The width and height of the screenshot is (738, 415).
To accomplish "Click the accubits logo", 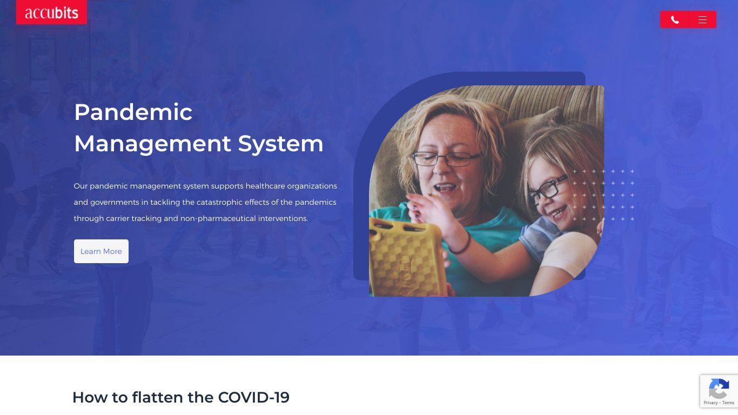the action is (51, 12).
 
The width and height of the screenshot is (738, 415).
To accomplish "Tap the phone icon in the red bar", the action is (675, 20).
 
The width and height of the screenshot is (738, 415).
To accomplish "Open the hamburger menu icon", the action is (702, 20).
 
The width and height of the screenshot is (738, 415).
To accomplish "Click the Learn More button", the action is (101, 251).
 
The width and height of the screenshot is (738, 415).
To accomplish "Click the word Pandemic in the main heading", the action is (133, 112).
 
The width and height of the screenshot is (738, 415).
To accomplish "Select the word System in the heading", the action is (280, 144).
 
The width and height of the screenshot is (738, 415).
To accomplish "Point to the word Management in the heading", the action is (152, 144).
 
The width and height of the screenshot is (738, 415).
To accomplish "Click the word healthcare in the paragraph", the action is (265, 186).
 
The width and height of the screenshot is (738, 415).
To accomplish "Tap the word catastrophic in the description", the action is (219, 203).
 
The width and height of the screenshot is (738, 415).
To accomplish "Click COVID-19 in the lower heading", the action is (254, 397).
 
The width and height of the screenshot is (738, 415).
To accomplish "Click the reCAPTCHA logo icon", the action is (719, 389).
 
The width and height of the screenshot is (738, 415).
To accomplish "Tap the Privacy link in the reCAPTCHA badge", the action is (710, 403).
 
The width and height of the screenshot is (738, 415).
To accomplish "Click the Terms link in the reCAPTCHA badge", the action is (728, 403).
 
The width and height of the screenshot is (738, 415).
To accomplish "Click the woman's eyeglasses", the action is (446, 159).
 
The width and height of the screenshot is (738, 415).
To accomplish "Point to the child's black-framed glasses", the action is (548, 190).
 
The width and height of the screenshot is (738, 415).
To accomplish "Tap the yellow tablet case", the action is (406, 258).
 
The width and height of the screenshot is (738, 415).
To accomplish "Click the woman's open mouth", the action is (445, 188).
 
